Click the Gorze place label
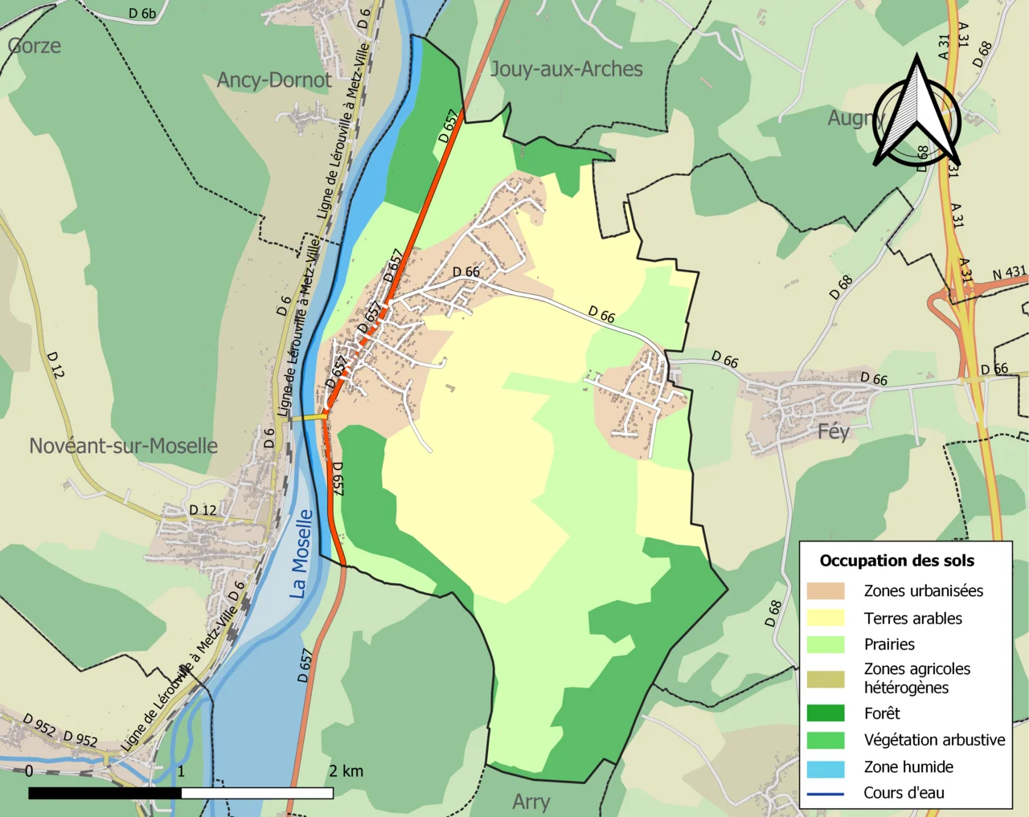pyautogui.click(x=35, y=46)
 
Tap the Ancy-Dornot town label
pyautogui.click(x=274, y=80)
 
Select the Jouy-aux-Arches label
pyautogui.click(x=566, y=69)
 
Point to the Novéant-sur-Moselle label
pyautogui.click(x=123, y=446)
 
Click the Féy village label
pyautogui.click(x=833, y=431)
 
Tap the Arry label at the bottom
pyautogui.click(x=531, y=801)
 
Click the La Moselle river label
pyautogui.click(x=301, y=554)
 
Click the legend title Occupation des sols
pyautogui.click(x=896, y=561)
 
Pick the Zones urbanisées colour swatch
pyautogui.click(x=826, y=591)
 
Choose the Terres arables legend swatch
pyautogui.click(x=826, y=618)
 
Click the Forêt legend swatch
pyautogui.click(x=826, y=713)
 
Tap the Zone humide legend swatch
pyautogui.click(x=826, y=767)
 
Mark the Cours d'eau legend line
pyautogui.click(x=826, y=794)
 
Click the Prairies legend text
pyautogui.click(x=889, y=644)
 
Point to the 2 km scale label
pyautogui.click(x=346, y=771)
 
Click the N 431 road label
pyautogui.click(x=1009, y=274)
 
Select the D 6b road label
pyautogui.click(x=142, y=14)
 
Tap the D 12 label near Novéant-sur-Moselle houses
pyautogui.click(x=203, y=510)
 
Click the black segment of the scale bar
pyautogui.click(x=105, y=793)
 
